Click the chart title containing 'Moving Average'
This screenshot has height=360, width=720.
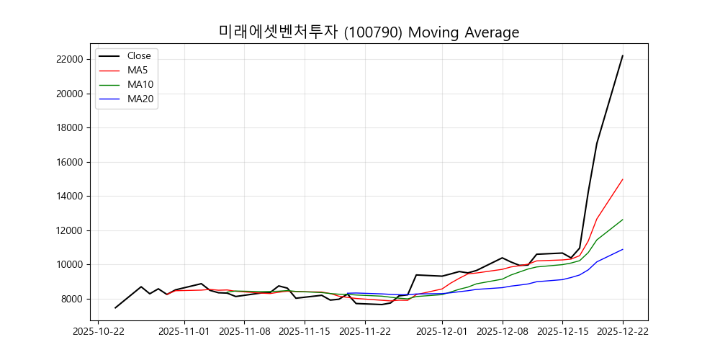369,32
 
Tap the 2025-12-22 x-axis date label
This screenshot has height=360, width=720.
623,332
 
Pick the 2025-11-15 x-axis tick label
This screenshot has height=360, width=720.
304,332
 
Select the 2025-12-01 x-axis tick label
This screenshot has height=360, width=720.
442,332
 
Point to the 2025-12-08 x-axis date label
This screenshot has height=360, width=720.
503,332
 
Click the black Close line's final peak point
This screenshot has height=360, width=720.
623,55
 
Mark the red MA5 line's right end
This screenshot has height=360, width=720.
623,179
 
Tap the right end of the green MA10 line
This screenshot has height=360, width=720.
623,220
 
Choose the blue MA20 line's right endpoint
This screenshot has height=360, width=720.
623,249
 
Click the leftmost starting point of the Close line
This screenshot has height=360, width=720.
115,308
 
